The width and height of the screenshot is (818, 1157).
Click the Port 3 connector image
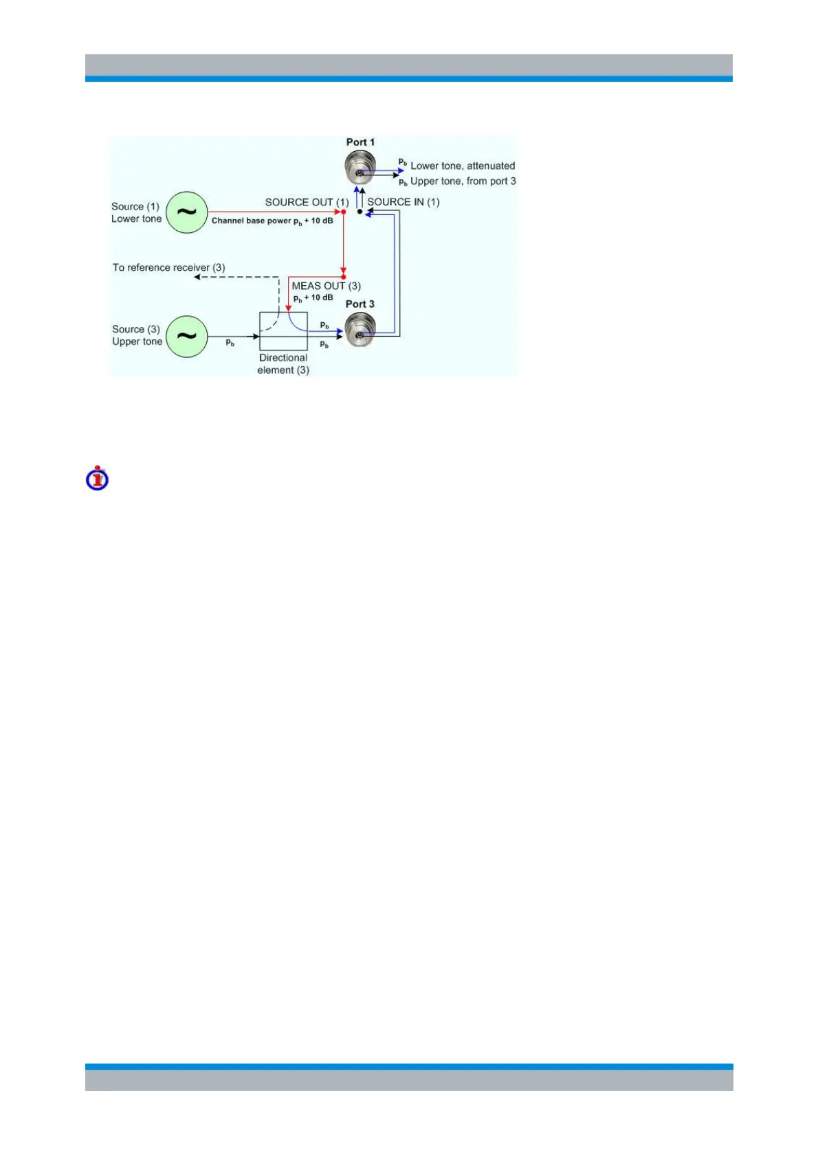coord(360,329)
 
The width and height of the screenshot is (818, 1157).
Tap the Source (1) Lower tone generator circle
coord(187,212)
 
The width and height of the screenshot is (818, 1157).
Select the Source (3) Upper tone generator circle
coord(187,337)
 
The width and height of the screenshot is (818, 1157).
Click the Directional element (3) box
coord(283,331)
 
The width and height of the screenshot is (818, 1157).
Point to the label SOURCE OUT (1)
coord(307,202)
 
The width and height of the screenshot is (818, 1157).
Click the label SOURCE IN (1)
coord(404,202)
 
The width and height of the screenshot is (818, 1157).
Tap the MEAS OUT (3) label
coord(326,286)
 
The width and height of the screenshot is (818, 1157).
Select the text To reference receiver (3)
coord(168,267)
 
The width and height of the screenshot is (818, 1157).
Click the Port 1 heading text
coord(360,142)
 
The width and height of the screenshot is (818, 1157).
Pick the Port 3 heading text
coord(360,304)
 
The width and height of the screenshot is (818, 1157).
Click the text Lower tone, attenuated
coord(463,166)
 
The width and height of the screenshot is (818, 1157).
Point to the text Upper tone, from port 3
coord(463,181)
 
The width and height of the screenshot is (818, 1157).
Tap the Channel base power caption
coord(272,221)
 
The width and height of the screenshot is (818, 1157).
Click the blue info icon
coord(98,478)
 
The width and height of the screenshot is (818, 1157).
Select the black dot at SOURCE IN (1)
coord(360,212)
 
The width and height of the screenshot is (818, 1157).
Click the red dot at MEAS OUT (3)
coord(344,277)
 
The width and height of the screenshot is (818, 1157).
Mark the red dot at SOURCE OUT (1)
coord(344,212)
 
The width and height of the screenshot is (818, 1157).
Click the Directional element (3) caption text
coord(283,364)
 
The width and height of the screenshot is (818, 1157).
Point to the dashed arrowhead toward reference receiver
coord(197,277)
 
